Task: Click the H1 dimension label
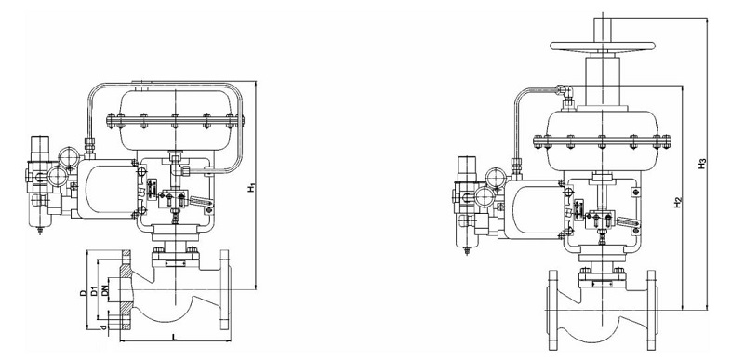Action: (251, 187)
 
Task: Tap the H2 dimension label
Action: (678, 202)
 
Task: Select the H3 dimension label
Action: (703, 164)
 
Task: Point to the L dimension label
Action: (174, 337)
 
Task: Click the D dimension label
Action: (83, 293)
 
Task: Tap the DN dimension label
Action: (105, 290)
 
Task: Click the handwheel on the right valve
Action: (603, 46)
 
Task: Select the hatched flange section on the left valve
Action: (126, 290)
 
